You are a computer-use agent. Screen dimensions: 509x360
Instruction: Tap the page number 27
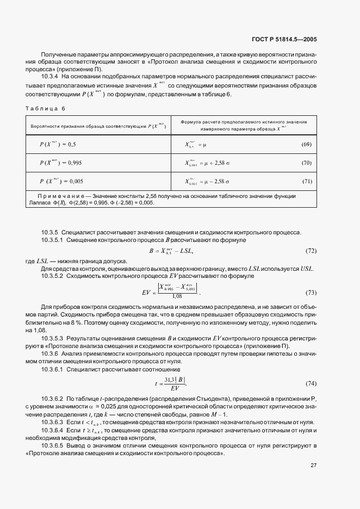point(314,465)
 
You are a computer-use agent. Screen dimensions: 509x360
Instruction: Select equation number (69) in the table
point(306,145)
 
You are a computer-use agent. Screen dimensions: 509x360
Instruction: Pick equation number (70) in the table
point(306,163)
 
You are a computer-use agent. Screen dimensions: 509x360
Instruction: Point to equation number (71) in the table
point(306,181)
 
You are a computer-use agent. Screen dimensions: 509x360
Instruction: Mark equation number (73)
point(311,293)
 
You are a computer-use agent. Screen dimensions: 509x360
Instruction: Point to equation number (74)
point(311,383)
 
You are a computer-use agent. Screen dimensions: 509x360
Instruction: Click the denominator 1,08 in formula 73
point(177,296)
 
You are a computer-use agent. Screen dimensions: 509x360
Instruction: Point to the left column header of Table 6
point(96,126)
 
